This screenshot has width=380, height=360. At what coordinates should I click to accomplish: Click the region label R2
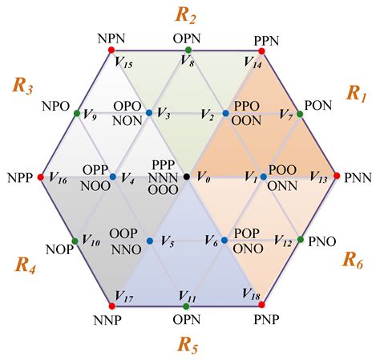coord(185,15)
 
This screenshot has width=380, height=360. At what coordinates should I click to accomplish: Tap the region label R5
coord(188,345)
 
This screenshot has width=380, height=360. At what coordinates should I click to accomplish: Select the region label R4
coord(25,265)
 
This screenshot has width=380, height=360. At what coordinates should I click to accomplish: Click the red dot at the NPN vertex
coord(111,50)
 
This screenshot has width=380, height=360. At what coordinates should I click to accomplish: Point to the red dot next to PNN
coord(337,176)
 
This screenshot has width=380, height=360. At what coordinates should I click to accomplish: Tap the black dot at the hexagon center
coord(187,176)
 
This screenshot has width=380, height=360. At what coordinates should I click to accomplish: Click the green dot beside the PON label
coord(300,115)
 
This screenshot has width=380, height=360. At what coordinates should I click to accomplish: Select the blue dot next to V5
coord(150,241)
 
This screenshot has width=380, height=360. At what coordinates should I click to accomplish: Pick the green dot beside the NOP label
coord(75,241)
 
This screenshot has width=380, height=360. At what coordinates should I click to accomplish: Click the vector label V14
coord(253,63)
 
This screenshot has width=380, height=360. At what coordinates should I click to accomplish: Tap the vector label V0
coord(204,177)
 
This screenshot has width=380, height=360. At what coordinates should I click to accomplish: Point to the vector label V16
coord(58,178)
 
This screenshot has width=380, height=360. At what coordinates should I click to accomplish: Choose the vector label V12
coord(283,241)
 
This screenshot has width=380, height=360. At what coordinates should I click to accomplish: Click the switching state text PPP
coord(164,164)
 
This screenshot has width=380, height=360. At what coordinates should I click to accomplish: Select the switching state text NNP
coord(107,320)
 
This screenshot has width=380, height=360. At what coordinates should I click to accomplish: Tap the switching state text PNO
coord(322,241)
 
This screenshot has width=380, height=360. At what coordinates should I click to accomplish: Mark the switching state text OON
coord(246,121)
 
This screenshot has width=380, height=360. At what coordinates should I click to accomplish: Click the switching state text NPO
coord(56,107)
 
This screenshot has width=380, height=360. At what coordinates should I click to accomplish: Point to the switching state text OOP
coord(123,233)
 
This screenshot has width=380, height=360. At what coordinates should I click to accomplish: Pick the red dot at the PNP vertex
coord(262,305)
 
